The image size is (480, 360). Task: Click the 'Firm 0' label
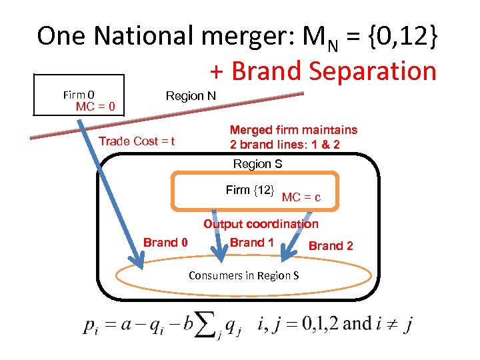(83, 95)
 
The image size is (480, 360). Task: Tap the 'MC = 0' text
(95, 107)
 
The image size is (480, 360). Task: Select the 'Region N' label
(191, 96)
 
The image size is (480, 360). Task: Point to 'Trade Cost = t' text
(137, 141)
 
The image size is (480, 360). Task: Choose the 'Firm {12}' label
(250, 191)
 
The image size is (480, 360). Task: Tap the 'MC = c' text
(301, 197)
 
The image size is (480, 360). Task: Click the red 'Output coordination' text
(261, 224)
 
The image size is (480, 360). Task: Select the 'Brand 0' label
(165, 243)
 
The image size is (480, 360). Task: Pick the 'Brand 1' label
(252, 242)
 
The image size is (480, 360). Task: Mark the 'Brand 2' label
(331, 246)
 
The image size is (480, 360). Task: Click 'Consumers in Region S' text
(243, 275)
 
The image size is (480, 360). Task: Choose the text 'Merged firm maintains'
(293, 130)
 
